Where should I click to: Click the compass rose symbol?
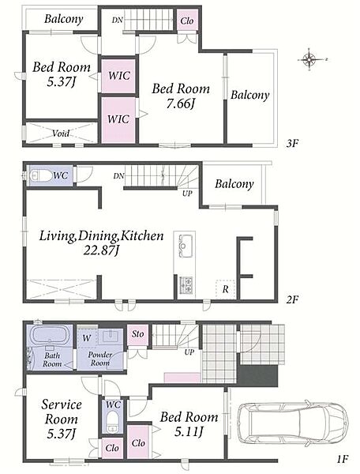[310, 59]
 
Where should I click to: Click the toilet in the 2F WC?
[41, 175]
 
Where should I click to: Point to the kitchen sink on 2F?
[185, 246]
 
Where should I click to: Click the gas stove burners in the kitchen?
[186, 284]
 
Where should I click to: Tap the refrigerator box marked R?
[225, 289]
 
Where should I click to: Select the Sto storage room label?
[137, 334]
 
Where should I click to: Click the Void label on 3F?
[61, 133]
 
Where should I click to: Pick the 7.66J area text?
[180, 103]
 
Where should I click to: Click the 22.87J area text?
[102, 250]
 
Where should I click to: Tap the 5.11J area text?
[189, 431]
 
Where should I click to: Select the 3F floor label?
[292, 143]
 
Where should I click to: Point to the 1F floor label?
[343, 459]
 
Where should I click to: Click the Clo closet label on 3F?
[186, 21]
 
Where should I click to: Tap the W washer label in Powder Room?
[86, 337]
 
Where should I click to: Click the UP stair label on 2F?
[187, 194]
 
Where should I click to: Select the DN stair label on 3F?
[117, 21]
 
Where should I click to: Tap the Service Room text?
[62, 412]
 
